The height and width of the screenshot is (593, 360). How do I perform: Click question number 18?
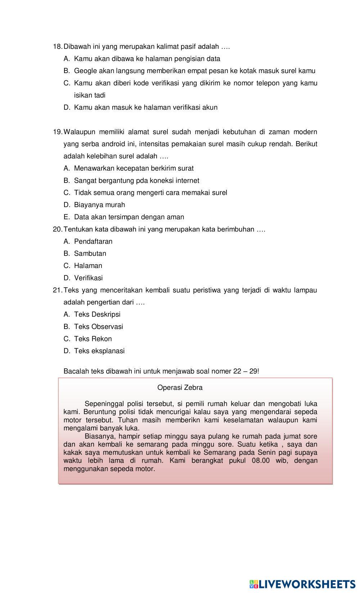tap(57, 46)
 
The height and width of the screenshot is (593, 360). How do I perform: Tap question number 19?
tap(57, 132)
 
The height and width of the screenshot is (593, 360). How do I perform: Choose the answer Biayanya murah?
tap(99, 205)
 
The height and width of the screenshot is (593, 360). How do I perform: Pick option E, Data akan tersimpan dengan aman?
tap(129, 217)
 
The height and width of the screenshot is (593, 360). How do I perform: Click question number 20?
tap(57, 229)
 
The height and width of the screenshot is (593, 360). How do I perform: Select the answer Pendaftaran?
tap(93, 242)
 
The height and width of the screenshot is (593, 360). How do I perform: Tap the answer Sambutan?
tap(90, 253)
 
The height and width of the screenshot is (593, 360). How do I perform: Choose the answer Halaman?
tap(88, 266)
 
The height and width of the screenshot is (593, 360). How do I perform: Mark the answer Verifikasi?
tap(88, 278)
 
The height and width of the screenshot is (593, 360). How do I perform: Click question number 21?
tap(57, 290)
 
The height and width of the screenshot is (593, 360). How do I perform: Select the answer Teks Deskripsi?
tap(97, 314)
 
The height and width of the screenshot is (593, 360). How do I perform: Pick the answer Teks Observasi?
tap(98, 327)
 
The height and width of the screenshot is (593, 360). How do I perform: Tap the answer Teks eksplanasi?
tap(99, 351)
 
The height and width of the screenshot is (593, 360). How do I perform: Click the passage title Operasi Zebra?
tap(180, 387)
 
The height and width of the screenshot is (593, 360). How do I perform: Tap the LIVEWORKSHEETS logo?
tap(302, 583)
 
